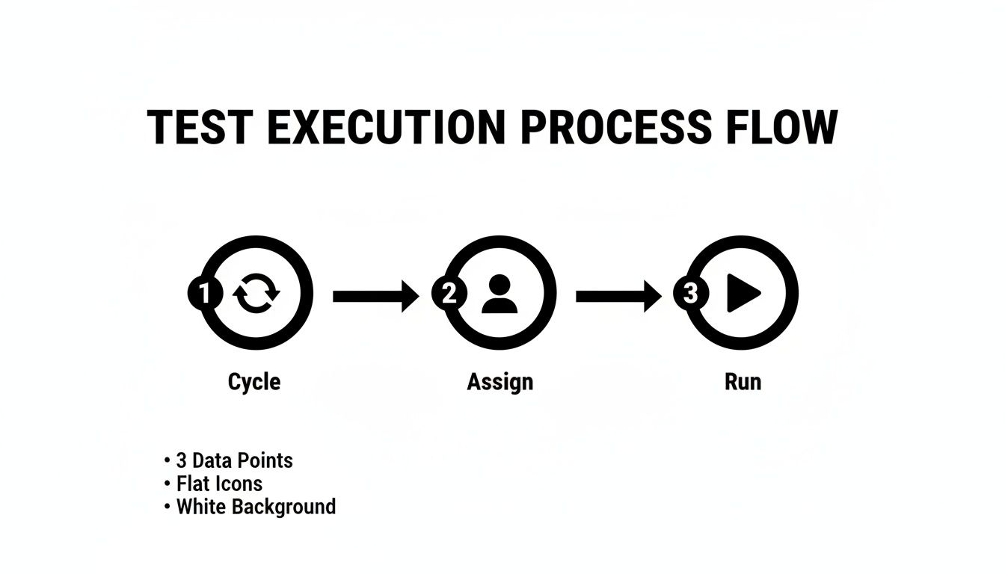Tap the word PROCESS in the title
click(x=615, y=128)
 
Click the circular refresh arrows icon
click(x=256, y=294)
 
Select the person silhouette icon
click(x=500, y=294)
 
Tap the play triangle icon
click(x=743, y=294)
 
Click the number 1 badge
click(x=204, y=294)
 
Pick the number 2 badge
click(x=449, y=294)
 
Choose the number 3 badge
click(x=691, y=294)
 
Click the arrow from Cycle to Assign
click(x=375, y=297)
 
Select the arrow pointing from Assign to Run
click(x=618, y=297)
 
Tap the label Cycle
click(x=254, y=382)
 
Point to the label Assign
click(x=500, y=382)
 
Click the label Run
click(x=743, y=382)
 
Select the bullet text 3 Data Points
click(x=234, y=460)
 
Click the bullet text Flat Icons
click(x=219, y=484)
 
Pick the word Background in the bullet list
click(x=283, y=507)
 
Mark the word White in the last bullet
click(x=201, y=507)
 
